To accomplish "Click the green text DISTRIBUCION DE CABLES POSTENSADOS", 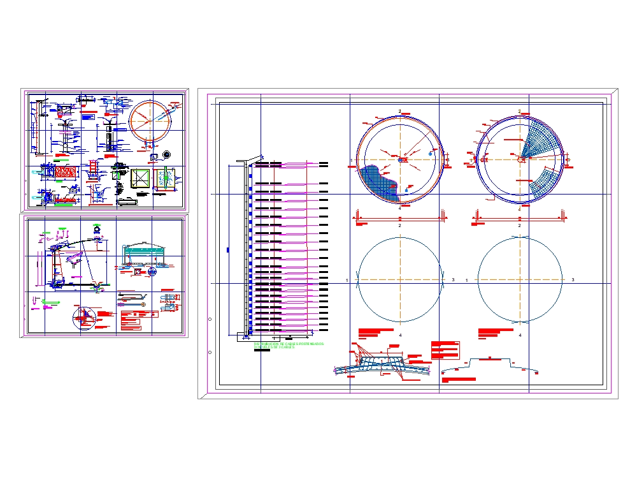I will click(289, 344).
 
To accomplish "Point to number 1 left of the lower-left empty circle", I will click(347, 280).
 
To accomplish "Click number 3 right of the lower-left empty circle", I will click(452, 280).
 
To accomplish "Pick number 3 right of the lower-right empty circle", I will click(573, 280).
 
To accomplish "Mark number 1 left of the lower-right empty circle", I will click(467, 280).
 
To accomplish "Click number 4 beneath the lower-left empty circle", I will click(400, 335).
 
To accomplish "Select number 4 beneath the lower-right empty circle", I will click(520, 335).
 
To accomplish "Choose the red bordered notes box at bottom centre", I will click(445, 350).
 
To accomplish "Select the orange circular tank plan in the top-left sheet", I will click(150, 122).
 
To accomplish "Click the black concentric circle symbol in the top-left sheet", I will click(167, 154).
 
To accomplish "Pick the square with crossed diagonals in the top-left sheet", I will click(140, 179).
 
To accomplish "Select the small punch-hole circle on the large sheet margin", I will click(210, 317).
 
